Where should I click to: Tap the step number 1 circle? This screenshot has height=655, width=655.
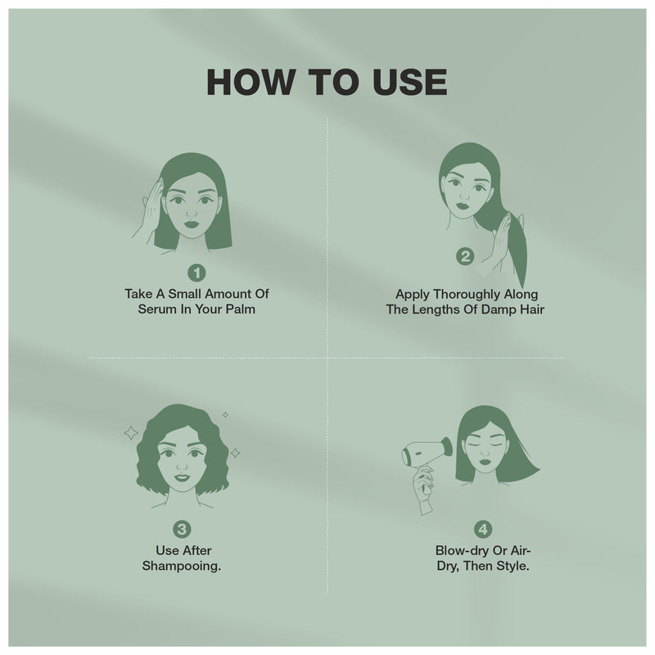coord(197,272)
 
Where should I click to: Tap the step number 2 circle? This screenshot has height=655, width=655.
coord(464,257)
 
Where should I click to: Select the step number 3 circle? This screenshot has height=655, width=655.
coord(183,530)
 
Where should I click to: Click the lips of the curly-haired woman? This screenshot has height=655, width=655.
coord(181,478)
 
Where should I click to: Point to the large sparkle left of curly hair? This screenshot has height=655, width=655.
coord(131,431)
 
